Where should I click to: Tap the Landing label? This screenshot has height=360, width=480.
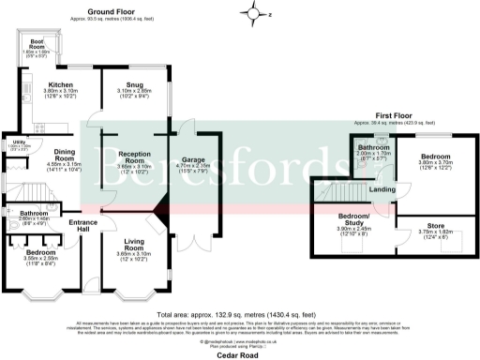pos(382,190)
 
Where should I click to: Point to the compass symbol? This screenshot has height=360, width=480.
pos(252,14)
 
